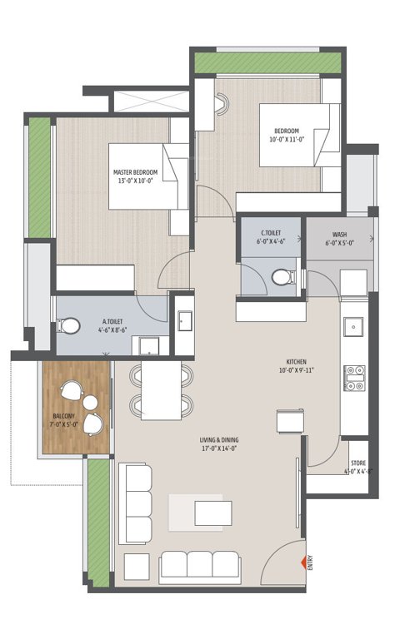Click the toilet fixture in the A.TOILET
tap(72, 325)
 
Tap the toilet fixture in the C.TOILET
tap(281, 276)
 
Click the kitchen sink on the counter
tap(354, 326)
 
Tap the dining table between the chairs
tap(161, 389)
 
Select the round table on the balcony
tap(90, 405)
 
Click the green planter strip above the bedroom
tap(267, 63)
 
